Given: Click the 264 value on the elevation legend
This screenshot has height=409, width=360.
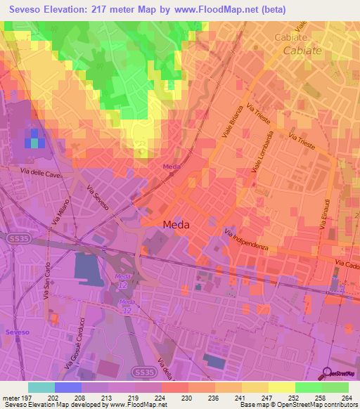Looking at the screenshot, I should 347,397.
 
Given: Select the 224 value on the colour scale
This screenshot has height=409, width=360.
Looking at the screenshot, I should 160,397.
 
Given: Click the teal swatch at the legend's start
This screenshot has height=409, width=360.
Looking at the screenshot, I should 41,387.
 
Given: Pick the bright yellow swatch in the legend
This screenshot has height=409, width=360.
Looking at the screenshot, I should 281,387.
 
